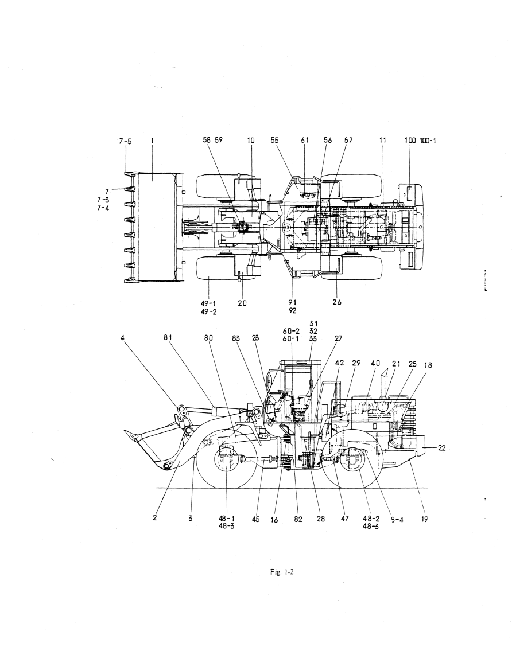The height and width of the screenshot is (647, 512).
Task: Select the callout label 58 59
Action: pyautogui.click(x=212, y=140)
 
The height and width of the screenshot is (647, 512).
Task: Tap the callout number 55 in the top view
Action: pyautogui.click(x=274, y=141)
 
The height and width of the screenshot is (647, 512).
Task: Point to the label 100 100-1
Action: pyautogui.click(x=420, y=141)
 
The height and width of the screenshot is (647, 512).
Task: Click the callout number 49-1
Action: pyautogui.click(x=208, y=303)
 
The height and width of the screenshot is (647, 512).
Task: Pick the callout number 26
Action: pyautogui.click(x=337, y=302)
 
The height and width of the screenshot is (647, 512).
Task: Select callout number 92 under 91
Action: pyautogui.click(x=293, y=311)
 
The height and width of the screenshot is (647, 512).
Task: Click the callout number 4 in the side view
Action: pyautogui.click(x=122, y=337)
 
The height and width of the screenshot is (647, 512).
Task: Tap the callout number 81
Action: pyautogui.click(x=167, y=337)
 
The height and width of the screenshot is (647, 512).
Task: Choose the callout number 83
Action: pyautogui.click(x=236, y=339)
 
